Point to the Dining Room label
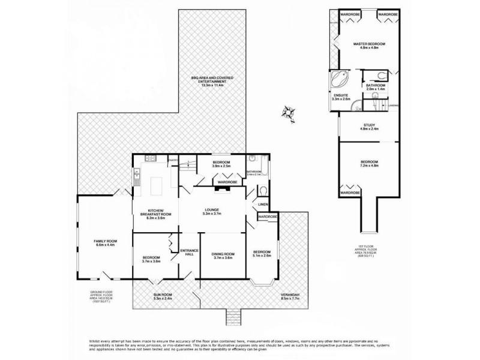pyautogui.click(x=221, y=256)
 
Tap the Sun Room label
pyautogui.click(x=163, y=297)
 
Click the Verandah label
pyautogui.click(x=290, y=297)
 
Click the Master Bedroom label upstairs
pyautogui.click(x=368, y=46)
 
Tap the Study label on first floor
pyautogui.click(x=368, y=127)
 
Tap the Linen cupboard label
pyautogui.click(x=262, y=205)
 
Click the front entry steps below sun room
pyautogui.click(x=233, y=317)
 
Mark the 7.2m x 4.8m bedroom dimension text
pyautogui.click(x=368, y=165)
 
